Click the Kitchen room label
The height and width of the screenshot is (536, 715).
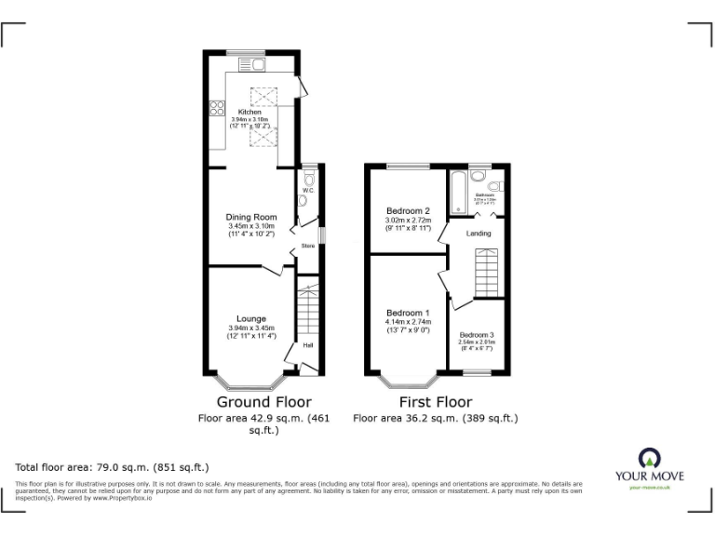pyautogui.click(x=249, y=112)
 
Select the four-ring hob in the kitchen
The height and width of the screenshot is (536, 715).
pyautogui.click(x=216, y=108)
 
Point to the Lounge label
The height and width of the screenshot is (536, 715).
pyautogui.click(x=250, y=318)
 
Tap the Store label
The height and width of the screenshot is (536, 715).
pyautogui.click(x=307, y=246)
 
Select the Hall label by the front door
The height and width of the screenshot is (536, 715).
pyautogui.click(x=307, y=344)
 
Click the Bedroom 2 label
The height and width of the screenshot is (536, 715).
pyautogui.click(x=405, y=210)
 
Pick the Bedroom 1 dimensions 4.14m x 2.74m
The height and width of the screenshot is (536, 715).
pyautogui.click(x=409, y=322)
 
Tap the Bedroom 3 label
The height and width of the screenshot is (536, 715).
pyautogui.click(x=476, y=334)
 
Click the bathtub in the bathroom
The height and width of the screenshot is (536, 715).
pyautogui.click(x=457, y=193)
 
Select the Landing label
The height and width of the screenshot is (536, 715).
pyautogui.click(x=479, y=233)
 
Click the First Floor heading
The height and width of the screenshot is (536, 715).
pyautogui.click(x=436, y=402)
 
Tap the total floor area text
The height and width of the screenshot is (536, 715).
pyautogui.click(x=113, y=466)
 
